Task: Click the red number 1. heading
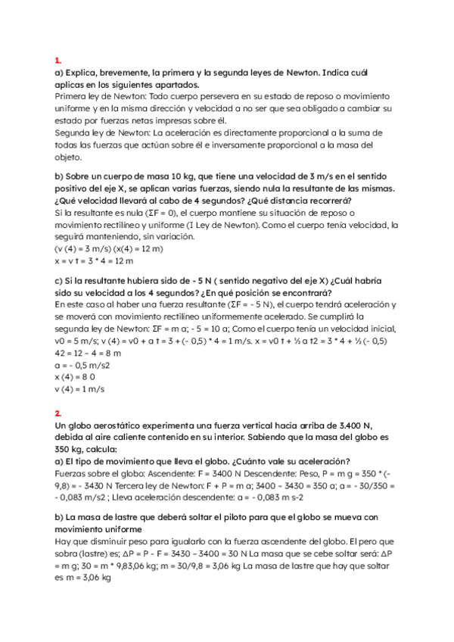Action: pos(58,61)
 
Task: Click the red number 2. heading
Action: pos(58,413)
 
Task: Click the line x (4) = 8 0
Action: pos(75,377)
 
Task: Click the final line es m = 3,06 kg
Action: pos(83,578)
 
